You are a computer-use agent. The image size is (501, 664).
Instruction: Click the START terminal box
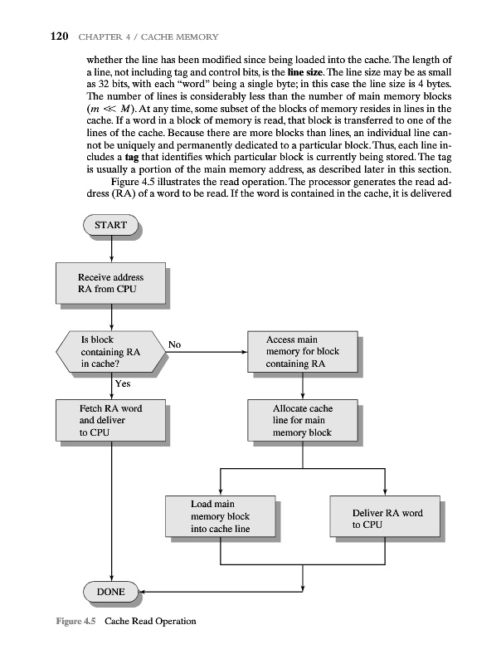pyautogui.click(x=111, y=225)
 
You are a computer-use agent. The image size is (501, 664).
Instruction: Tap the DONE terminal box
pyautogui.click(x=111, y=592)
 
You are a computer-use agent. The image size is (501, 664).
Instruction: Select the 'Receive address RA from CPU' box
pyautogui.click(x=110, y=283)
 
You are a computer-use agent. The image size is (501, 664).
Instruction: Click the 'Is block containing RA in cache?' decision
pyautogui.click(x=110, y=352)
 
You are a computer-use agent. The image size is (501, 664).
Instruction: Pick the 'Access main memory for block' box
pyautogui.click(x=303, y=352)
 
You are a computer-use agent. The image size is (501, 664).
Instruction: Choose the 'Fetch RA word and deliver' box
pyautogui.click(x=110, y=420)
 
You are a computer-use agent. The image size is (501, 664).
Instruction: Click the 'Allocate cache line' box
pyautogui.click(x=303, y=420)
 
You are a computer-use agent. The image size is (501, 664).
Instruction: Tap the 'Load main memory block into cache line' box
pyautogui.click(x=220, y=515)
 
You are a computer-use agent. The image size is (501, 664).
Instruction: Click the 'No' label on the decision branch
pyautogui.click(x=175, y=344)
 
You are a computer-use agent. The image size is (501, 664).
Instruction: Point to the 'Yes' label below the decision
pyautogui.click(x=122, y=384)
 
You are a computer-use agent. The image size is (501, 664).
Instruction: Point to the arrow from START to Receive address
pyautogui.click(x=111, y=251)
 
